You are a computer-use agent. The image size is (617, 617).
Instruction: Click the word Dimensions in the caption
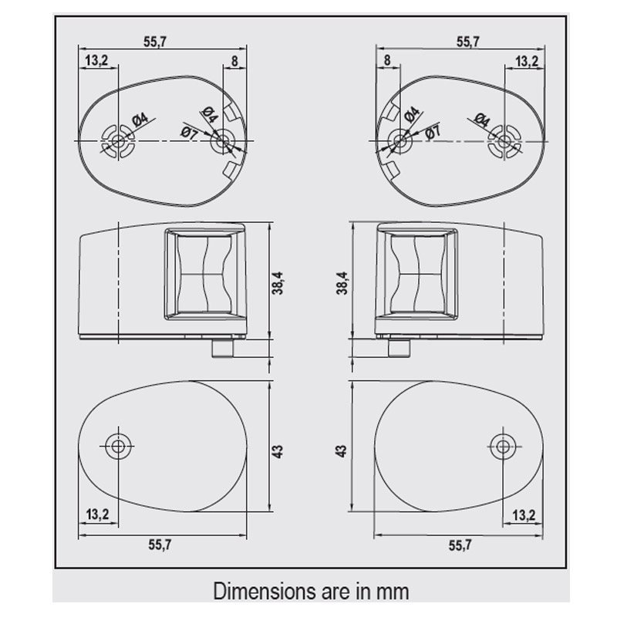click(x=264, y=591)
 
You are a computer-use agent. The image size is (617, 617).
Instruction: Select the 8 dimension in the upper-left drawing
click(x=234, y=61)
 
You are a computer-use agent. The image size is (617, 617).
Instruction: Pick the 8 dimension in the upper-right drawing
click(x=387, y=60)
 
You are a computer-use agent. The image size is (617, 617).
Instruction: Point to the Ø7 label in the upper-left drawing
click(x=189, y=132)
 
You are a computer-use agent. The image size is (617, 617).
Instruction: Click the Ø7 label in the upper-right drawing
click(x=433, y=132)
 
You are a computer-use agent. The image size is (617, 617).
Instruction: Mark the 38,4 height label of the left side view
click(x=278, y=283)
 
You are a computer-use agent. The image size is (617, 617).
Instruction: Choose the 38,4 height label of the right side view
click(x=342, y=283)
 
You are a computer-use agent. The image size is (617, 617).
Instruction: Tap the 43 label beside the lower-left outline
click(x=278, y=451)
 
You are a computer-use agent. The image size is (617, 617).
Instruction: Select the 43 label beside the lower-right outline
click(x=342, y=451)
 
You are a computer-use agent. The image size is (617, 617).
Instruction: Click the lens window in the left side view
click(x=204, y=273)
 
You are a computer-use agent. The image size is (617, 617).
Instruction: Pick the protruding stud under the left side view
click(x=223, y=349)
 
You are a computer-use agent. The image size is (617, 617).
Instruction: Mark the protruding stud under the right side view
click(x=399, y=349)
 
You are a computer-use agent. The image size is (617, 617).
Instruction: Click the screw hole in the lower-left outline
click(x=117, y=447)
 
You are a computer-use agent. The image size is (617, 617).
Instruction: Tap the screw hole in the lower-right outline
click(x=503, y=447)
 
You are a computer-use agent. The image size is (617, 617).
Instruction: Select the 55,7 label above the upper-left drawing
click(x=155, y=42)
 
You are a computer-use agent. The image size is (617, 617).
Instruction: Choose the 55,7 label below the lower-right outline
click(x=460, y=545)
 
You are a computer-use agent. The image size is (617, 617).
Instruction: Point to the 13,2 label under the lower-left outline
click(x=97, y=514)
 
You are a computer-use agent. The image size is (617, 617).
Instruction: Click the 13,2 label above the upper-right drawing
click(x=527, y=62)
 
